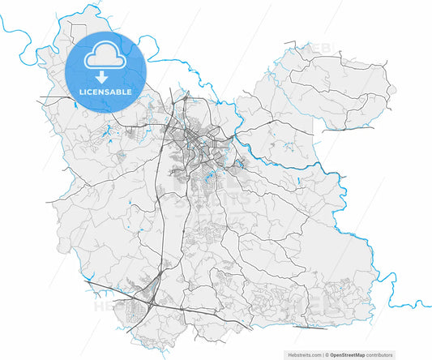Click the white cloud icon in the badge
(x=105, y=57)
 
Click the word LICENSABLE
(x=105, y=92)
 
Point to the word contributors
(x=379, y=355)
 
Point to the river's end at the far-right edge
(x=427, y=306)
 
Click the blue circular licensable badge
(x=105, y=71)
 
